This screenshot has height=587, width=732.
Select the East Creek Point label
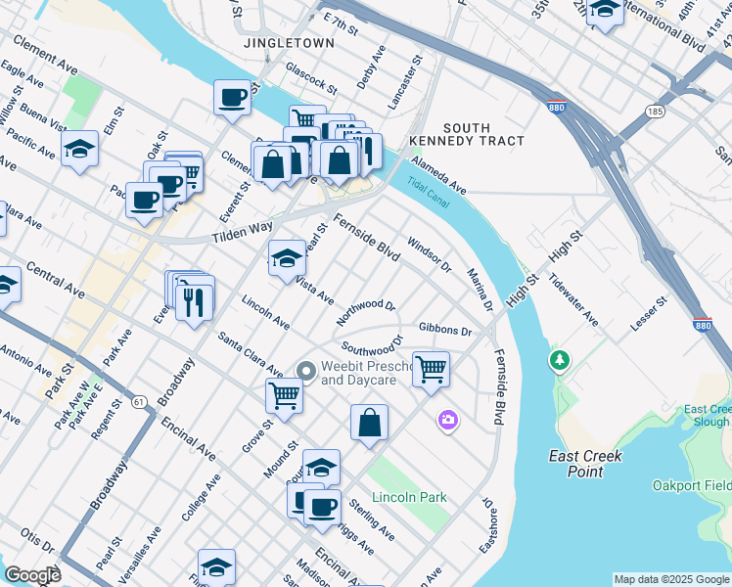pyautogui.click(x=585, y=464)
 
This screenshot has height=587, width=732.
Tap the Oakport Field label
pyautogui.click(x=690, y=485)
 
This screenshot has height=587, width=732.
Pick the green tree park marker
pyautogui.click(x=559, y=361)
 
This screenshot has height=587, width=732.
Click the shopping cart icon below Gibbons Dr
pyautogui.click(x=431, y=369)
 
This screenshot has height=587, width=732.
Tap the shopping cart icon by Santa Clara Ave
pyautogui.click(x=284, y=395)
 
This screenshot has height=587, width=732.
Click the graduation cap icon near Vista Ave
pyautogui.click(x=287, y=258)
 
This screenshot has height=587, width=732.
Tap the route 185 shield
pyautogui.click(x=655, y=113)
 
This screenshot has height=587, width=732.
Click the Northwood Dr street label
pyautogui.click(x=366, y=310)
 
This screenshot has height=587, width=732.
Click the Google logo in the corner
pyautogui.click(x=32, y=575)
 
